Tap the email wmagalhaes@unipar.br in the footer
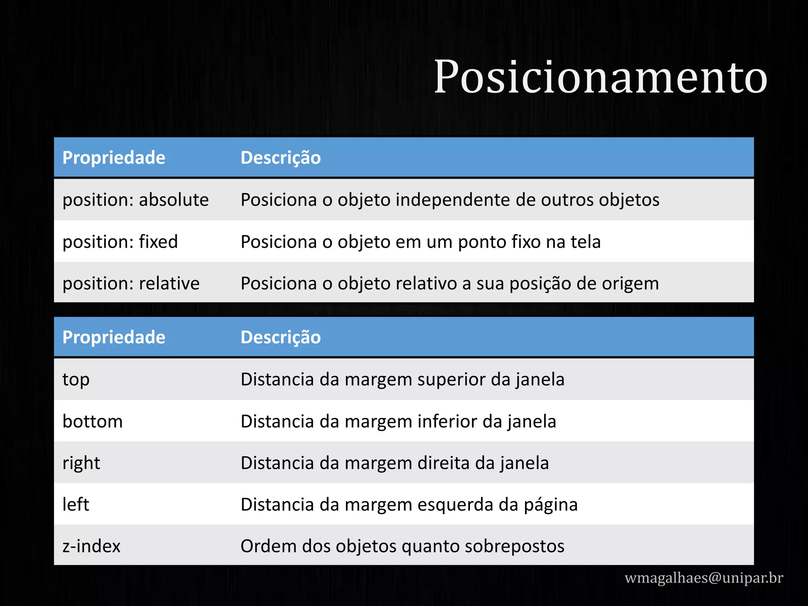click(704, 578)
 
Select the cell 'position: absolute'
click(136, 200)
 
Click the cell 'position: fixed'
click(120, 241)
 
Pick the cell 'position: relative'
click(131, 283)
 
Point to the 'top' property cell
click(76, 380)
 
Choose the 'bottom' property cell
click(93, 421)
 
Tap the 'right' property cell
click(81, 463)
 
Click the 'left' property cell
click(76, 505)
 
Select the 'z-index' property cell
click(92, 546)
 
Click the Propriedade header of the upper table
click(114, 158)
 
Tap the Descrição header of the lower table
click(281, 337)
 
